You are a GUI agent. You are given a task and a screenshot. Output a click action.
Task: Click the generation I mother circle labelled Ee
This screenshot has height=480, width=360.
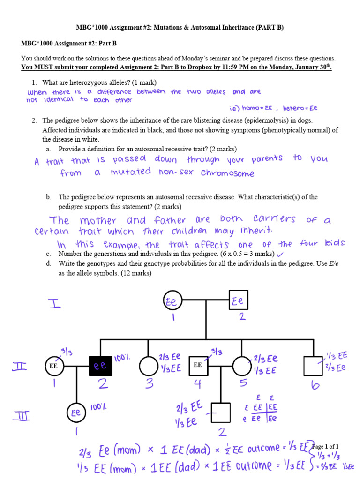[172, 301]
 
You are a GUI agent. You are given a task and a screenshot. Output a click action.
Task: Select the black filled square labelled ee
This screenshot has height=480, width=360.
[99, 366]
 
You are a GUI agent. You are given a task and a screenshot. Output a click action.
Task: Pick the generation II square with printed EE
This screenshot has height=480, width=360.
[198, 365]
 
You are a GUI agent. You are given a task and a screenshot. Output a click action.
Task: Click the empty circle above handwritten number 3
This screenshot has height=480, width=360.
[149, 366]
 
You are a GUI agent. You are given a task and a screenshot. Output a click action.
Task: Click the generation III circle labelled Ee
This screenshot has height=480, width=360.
[76, 413]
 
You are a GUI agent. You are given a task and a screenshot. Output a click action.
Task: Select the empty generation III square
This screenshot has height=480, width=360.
[221, 412]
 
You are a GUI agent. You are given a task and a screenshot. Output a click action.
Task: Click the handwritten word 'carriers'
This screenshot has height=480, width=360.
[274, 218]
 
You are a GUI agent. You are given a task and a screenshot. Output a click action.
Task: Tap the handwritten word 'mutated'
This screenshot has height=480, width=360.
[131, 172]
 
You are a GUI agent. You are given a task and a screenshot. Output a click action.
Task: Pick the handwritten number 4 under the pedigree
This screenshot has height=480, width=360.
[197, 384]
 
